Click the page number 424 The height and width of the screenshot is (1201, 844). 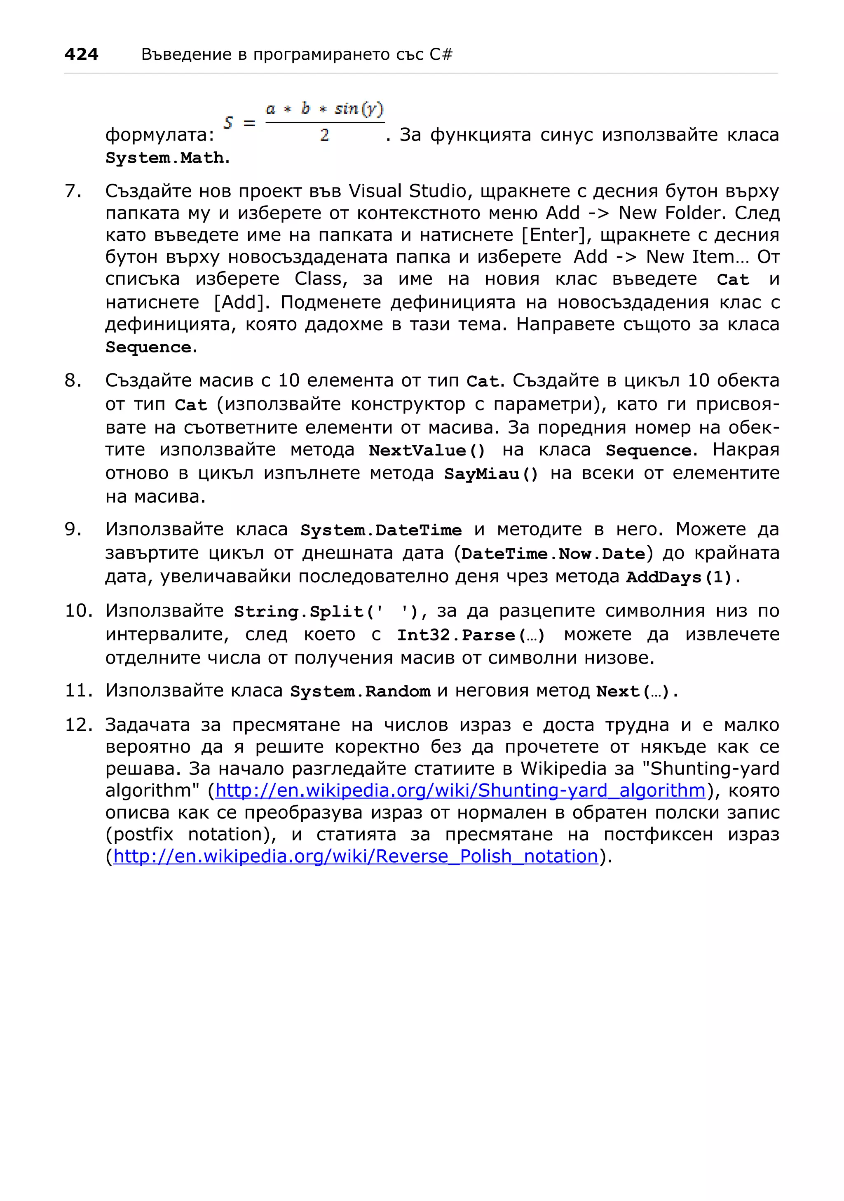(81, 54)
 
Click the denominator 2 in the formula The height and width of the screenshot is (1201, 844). (324, 135)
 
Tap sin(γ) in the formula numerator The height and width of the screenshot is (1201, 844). (359, 108)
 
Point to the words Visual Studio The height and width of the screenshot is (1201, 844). (407, 191)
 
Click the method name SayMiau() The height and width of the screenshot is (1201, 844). (491, 474)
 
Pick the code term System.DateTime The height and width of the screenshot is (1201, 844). (381, 530)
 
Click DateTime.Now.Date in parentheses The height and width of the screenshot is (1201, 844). (553, 554)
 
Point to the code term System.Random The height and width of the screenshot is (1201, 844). (360, 692)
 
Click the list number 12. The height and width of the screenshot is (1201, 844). (78, 725)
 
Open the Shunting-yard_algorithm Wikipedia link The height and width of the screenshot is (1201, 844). (461, 791)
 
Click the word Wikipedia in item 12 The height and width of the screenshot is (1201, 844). (563, 768)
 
